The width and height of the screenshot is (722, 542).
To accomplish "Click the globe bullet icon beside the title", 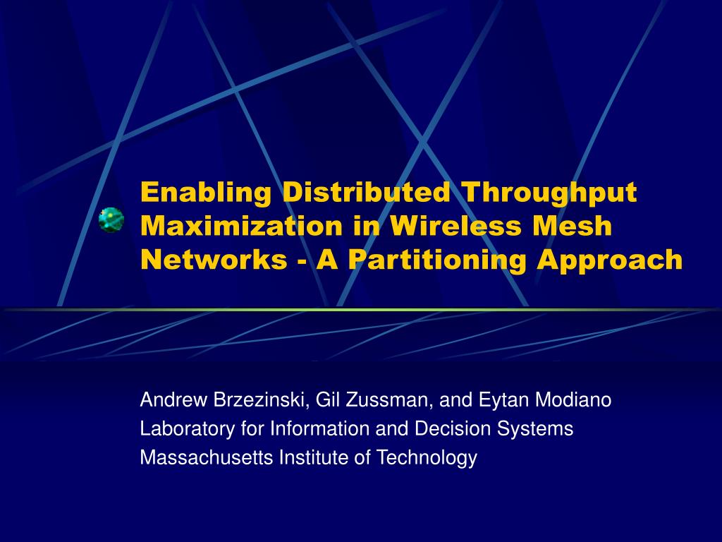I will pos(111,220).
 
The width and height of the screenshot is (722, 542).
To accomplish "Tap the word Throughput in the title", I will pos(549,192).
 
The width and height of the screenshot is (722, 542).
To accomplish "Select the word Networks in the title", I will pos(209,260).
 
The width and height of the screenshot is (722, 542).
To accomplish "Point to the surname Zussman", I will pos(388,401).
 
